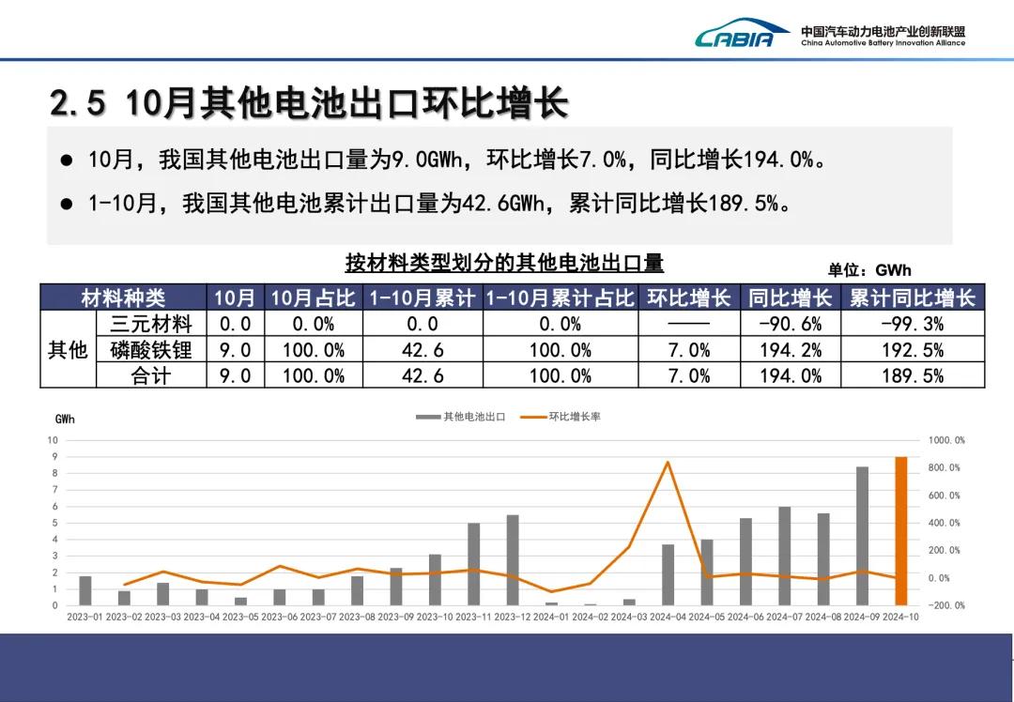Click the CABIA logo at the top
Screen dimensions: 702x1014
click(735, 36)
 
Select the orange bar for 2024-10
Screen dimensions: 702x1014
click(900, 531)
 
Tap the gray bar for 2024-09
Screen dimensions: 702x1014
click(862, 536)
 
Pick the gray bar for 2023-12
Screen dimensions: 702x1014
click(513, 559)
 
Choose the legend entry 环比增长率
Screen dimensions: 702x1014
click(562, 417)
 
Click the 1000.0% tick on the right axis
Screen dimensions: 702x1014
click(945, 440)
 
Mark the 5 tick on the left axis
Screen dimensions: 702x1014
click(54, 523)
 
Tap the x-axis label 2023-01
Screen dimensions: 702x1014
click(85, 617)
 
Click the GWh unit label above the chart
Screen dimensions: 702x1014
click(65, 420)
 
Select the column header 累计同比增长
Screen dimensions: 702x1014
click(912, 298)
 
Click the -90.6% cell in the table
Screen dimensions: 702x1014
click(790, 324)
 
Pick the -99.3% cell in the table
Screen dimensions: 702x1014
click(912, 324)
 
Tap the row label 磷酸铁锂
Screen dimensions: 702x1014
click(151, 350)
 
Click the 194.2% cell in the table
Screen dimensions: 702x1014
click(790, 350)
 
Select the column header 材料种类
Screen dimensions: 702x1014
click(123, 298)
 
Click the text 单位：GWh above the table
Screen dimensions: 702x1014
click(868, 270)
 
